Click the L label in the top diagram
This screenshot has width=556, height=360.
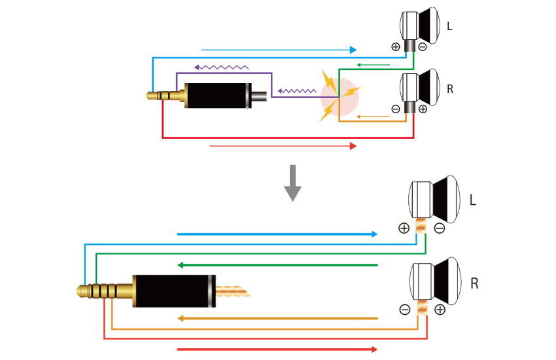(449, 26)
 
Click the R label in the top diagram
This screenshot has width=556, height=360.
(450, 89)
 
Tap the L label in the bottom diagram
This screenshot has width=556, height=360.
(473, 200)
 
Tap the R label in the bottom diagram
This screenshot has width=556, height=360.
(474, 283)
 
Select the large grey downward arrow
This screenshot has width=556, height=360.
(292, 183)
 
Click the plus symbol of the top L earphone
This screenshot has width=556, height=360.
(396, 46)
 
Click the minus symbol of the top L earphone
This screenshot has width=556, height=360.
(423, 46)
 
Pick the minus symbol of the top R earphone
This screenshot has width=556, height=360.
(396, 109)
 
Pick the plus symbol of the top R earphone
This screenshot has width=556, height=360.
(423, 109)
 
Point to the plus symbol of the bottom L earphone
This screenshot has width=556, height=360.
(404, 228)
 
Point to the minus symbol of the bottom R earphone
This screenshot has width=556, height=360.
(405, 310)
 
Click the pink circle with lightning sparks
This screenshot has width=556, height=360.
(339, 97)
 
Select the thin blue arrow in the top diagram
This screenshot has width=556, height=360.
(279, 50)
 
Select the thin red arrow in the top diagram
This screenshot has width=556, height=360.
(283, 146)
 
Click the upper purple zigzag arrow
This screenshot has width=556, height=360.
(221, 67)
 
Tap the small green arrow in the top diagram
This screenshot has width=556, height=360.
(373, 65)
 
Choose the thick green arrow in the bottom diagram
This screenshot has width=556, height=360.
(277, 265)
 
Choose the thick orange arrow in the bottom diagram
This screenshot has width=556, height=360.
(277, 319)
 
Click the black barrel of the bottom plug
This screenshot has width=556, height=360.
(174, 291)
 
